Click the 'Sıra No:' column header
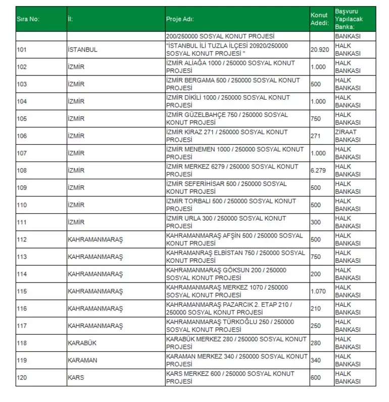(x=28, y=19)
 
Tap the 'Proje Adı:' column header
(x=180, y=19)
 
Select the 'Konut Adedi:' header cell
(x=319, y=19)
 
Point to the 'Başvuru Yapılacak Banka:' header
(x=348, y=19)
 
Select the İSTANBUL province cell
(x=82, y=50)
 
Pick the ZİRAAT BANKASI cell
(x=348, y=136)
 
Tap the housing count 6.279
(x=318, y=170)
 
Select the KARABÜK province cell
(x=82, y=343)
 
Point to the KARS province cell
(x=76, y=377)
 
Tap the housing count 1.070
(x=318, y=291)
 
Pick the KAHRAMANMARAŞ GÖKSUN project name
(x=227, y=274)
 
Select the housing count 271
(x=316, y=136)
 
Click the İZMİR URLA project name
(x=226, y=222)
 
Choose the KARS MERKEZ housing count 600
(x=316, y=377)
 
